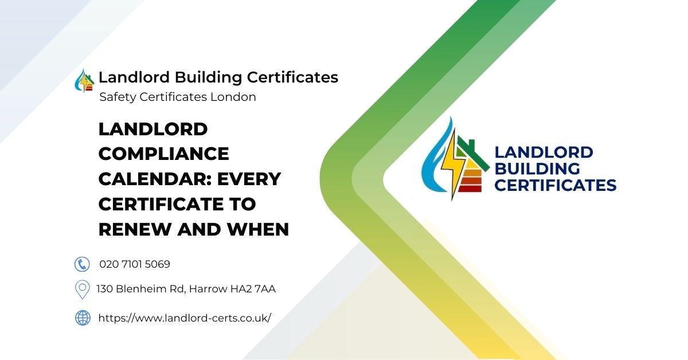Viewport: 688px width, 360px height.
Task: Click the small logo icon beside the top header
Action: point(85,80)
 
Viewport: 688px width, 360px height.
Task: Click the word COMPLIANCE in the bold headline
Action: point(163,154)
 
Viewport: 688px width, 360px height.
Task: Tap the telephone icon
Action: point(83,264)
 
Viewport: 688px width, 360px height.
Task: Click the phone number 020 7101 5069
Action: point(135,264)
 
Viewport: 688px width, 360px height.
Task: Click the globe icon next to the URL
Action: point(83,318)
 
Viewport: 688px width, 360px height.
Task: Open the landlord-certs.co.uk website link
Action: point(185,318)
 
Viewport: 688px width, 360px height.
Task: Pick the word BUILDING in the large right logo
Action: point(537,169)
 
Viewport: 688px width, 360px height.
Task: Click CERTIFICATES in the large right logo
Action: point(555,185)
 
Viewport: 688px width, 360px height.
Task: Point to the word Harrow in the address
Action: point(205,289)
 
